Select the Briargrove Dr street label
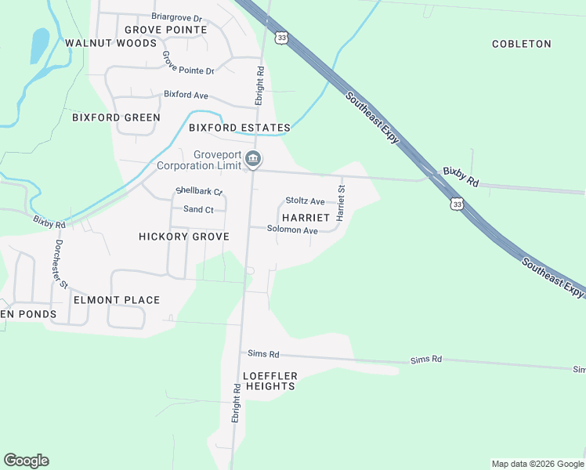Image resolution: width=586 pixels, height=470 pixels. click(x=176, y=17)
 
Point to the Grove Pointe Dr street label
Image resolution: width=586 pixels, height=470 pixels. click(x=188, y=63)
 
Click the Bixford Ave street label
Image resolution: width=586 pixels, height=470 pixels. click(x=186, y=95)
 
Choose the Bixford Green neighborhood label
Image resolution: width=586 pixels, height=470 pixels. click(x=116, y=117)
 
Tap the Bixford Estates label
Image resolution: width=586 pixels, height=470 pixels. click(x=239, y=128)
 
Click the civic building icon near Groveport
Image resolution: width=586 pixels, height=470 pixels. click(x=253, y=160)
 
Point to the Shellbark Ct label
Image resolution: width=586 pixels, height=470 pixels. click(x=199, y=191)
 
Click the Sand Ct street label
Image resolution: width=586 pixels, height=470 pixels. click(x=198, y=210)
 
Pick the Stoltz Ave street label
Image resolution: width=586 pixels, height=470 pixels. click(x=305, y=201)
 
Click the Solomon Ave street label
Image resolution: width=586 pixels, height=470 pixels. click(x=292, y=230)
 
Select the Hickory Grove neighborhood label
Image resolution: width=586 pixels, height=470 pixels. click(x=184, y=237)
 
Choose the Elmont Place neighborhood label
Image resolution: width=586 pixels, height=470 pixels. click(x=117, y=300)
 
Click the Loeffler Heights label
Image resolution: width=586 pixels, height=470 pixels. click(x=269, y=381)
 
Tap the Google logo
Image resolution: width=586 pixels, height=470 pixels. click(x=26, y=461)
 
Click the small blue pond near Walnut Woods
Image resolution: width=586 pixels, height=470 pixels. click(x=38, y=45)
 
